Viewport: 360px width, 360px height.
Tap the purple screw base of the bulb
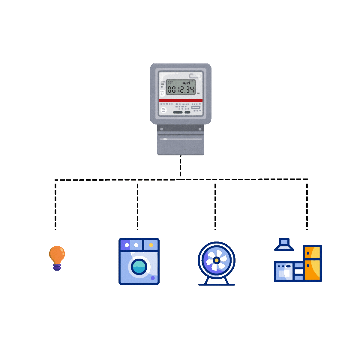(x=57, y=267)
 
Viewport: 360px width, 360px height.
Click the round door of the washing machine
(x=139, y=266)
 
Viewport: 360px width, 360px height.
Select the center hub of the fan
(x=216, y=260)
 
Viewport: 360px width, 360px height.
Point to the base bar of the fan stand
(x=216, y=284)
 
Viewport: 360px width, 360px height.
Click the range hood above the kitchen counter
(x=284, y=245)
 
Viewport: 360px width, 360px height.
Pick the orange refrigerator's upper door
(x=312, y=252)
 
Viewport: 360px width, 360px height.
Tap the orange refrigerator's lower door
(x=312, y=270)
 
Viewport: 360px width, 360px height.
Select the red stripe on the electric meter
(x=181, y=100)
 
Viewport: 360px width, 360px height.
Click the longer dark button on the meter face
(x=178, y=112)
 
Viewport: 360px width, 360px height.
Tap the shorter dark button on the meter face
(x=187, y=112)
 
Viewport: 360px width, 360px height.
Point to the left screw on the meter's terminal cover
(x=162, y=129)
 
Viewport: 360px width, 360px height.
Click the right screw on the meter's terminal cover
(x=200, y=129)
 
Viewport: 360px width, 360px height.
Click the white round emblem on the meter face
(x=163, y=110)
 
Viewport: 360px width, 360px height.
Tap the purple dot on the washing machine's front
(x=153, y=278)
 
